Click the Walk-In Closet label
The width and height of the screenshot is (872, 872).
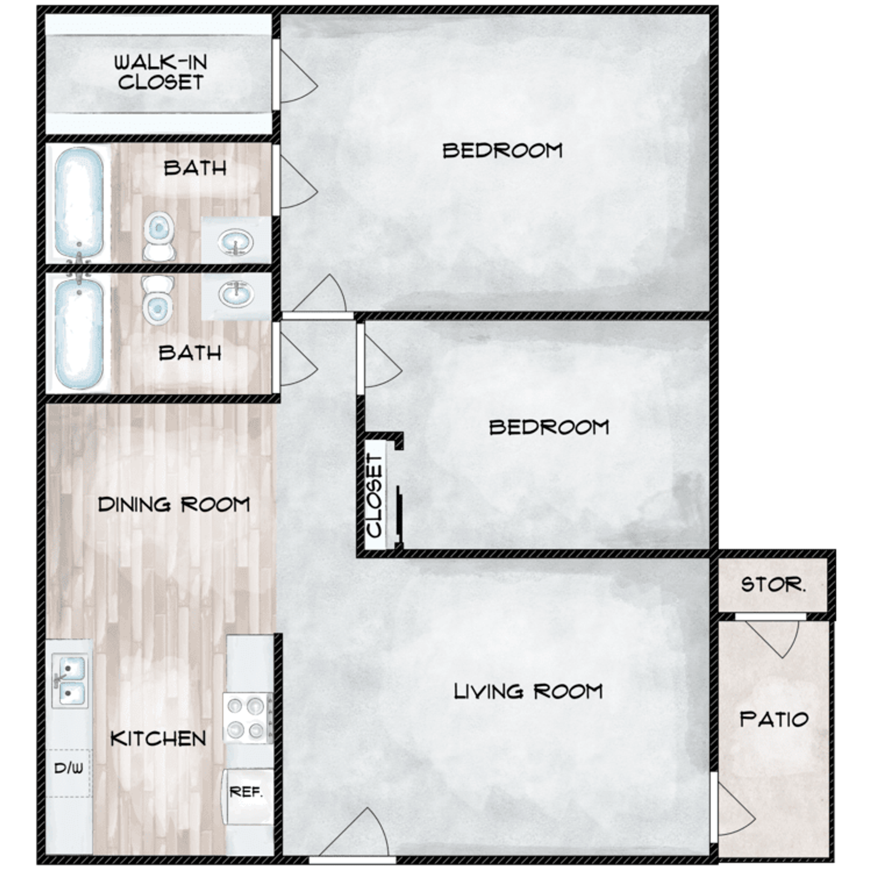point(160,72)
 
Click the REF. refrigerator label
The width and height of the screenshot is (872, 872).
point(246,792)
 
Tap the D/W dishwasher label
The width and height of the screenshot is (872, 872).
point(69,768)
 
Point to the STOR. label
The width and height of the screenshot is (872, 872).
point(773,585)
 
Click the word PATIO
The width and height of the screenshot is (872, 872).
point(774,719)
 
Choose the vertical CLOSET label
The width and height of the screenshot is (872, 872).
point(375,495)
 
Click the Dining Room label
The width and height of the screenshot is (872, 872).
point(174,505)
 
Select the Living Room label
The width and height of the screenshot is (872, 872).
point(528,691)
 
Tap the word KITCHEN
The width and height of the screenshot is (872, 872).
point(158,739)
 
